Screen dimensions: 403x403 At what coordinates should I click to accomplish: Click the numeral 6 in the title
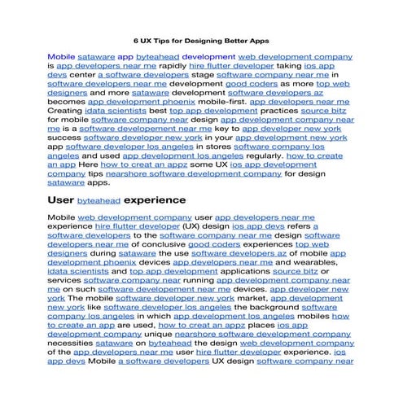pos(136,39)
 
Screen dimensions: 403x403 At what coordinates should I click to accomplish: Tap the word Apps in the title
pos(257,39)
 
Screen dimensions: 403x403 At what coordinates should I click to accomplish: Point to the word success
pos(64,138)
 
